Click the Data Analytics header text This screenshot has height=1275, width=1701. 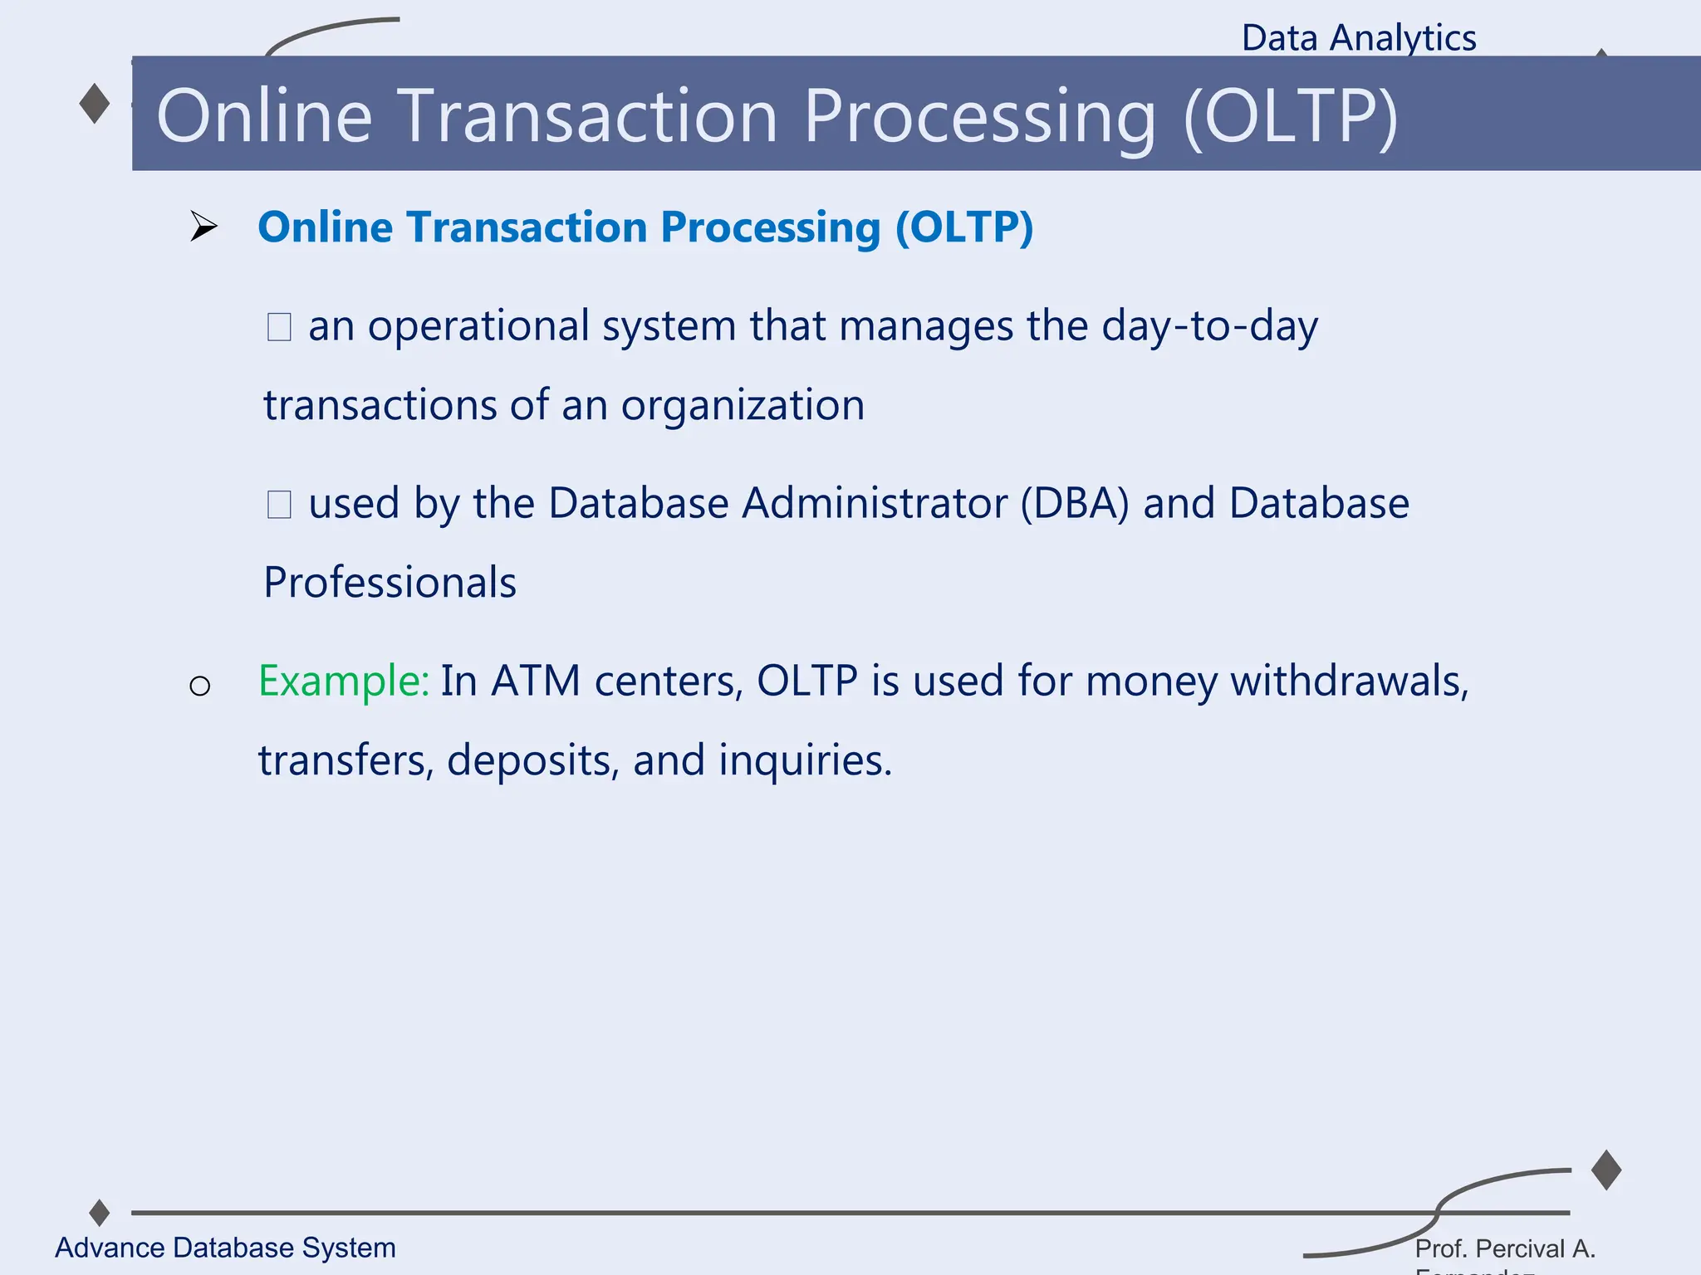click(x=1358, y=38)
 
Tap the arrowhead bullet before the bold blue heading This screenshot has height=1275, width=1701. click(x=202, y=226)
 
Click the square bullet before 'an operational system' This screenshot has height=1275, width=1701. click(x=279, y=326)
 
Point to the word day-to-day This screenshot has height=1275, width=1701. click(x=1209, y=325)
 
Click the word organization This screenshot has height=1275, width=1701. click(x=743, y=405)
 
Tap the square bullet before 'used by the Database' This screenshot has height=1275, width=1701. click(x=279, y=504)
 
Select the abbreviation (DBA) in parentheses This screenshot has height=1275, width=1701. click(x=1074, y=503)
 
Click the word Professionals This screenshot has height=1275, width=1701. click(x=390, y=582)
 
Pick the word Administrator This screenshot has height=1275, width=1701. click(x=874, y=503)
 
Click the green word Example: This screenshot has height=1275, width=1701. click(x=343, y=681)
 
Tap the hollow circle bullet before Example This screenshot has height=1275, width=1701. click(x=199, y=686)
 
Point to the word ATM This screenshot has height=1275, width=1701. click(x=536, y=681)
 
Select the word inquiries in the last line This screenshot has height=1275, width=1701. click(x=804, y=760)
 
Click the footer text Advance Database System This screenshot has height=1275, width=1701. click(x=225, y=1248)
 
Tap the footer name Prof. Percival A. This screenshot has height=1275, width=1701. click(x=1505, y=1248)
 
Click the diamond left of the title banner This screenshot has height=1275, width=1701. click(x=95, y=104)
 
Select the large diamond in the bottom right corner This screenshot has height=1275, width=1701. click(x=1606, y=1170)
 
